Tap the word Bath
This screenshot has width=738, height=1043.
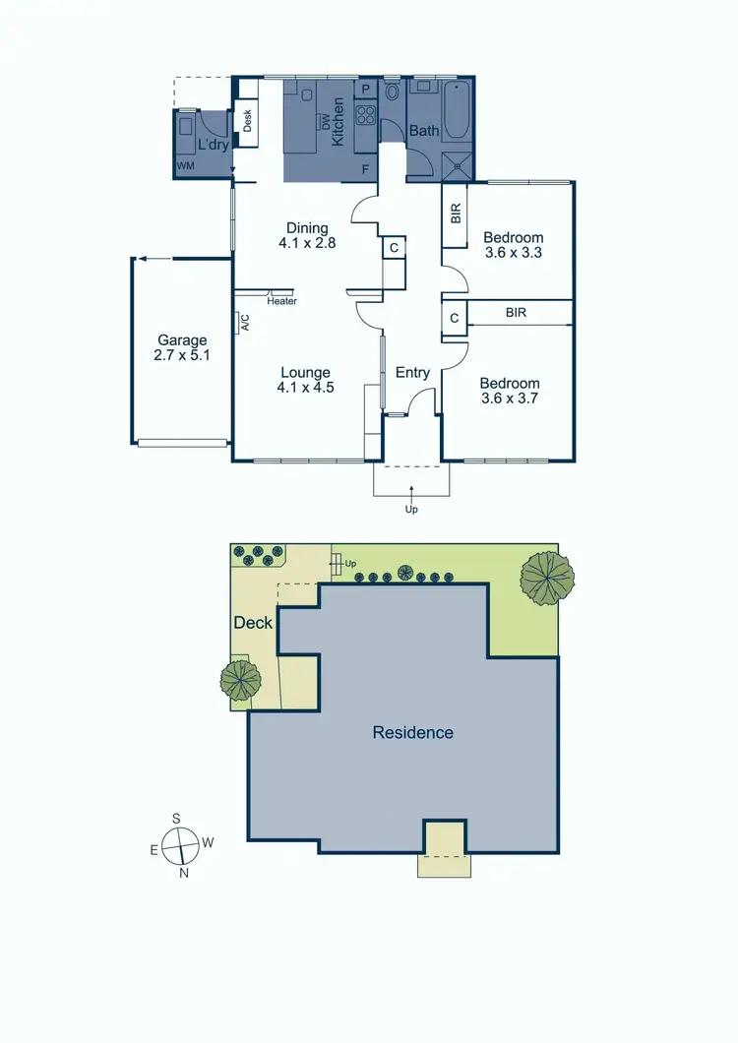424,131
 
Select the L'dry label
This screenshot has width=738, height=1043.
213,146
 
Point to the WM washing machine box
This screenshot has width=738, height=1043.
185,167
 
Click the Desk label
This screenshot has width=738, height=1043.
247,121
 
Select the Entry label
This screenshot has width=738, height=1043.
412,372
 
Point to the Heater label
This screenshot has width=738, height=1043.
281,301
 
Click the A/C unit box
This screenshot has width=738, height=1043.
243,322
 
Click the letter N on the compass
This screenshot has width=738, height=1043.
184,872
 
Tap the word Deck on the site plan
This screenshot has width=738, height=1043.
253,623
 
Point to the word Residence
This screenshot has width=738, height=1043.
413,732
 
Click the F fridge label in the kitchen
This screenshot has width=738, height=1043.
366,169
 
